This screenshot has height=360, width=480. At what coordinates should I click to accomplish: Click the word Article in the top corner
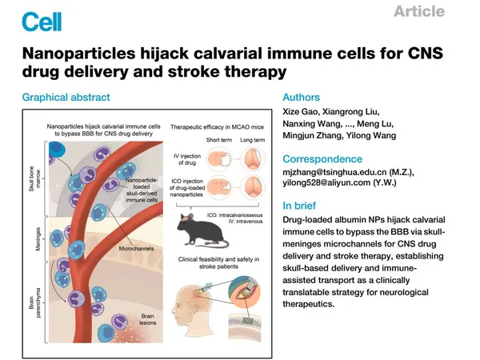pos(419,11)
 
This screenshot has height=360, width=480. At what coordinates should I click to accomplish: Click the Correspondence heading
pos(328,158)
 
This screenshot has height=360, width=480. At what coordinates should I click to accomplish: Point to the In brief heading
pos(305,205)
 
